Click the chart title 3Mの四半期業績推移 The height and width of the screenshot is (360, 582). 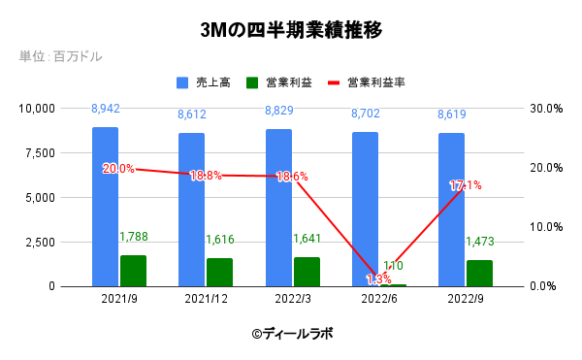point(291,30)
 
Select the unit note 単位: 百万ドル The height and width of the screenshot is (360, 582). point(60,57)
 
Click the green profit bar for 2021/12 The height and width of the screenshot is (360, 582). point(219,272)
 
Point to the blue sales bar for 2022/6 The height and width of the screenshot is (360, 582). point(365,209)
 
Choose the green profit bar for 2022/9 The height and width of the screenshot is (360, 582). point(479,273)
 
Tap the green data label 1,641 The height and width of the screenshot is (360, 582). point(308,239)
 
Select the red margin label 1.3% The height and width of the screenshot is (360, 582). point(378,279)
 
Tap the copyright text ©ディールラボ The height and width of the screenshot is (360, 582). point(291,333)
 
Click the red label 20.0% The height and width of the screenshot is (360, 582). point(118,169)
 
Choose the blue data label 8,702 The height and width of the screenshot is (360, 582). point(365,115)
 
